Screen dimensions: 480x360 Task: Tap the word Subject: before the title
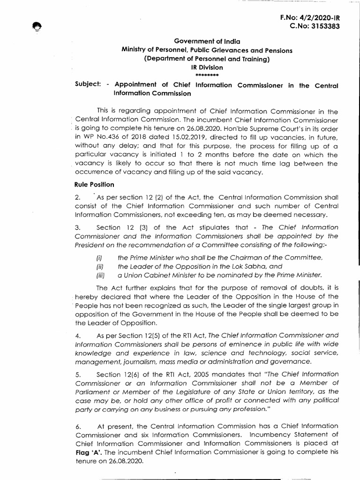(88, 85)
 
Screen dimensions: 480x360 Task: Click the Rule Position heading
(91, 185)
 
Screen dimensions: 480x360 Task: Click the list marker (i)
(99, 258)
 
